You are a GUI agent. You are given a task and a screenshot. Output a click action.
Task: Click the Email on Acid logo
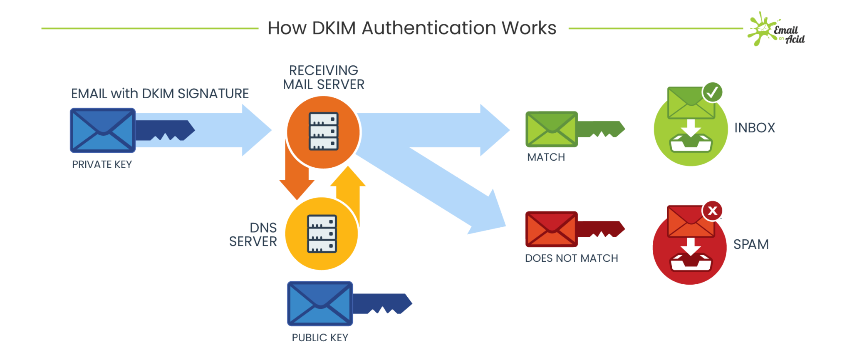pos(776,30)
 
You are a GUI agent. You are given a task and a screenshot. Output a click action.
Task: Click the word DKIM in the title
pos(334,28)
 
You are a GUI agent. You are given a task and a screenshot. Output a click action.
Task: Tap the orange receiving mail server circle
pos(323,132)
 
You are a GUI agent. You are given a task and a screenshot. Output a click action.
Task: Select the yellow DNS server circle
pos(321,234)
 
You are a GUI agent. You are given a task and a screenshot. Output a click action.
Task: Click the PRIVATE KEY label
pos(102,164)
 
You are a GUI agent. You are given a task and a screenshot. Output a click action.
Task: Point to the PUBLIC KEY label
pos(320,338)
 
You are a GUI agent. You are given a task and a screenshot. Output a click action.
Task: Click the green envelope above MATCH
pos(551,129)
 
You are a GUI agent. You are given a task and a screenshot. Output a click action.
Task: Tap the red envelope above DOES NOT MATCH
pos(551,229)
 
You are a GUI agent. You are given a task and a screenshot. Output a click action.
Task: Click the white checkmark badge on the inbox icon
pos(712,92)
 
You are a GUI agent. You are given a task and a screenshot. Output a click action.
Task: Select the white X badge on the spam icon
pos(712,211)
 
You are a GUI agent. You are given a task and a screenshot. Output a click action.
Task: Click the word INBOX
pos(755,128)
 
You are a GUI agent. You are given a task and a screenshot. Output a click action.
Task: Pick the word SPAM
pos(751,244)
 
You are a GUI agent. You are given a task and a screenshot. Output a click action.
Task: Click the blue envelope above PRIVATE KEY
pos(102,130)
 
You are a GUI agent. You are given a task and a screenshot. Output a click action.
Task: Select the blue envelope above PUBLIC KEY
pos(320,304)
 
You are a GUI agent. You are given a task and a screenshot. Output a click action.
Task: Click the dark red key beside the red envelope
pos(601,229)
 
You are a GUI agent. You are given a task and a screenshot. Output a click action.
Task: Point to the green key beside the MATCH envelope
pos(601,129)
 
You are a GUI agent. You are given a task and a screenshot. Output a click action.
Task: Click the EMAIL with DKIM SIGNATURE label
pos(160,94)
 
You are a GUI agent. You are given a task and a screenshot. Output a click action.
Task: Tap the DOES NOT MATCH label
pos(571,258)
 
